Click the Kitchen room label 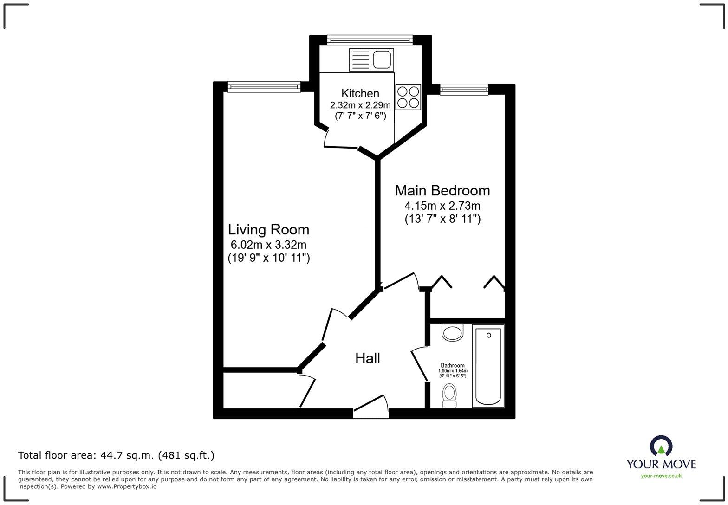click(x=360, y=93)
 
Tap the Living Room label click(x=268, y=229)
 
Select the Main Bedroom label click(x=442, y=190)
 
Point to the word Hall click(x=367, y=358)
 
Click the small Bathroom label click(x=452, y=365)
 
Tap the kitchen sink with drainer click(x=371, y=60)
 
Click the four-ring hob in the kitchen click(x=408, y=97)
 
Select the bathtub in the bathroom click(x=488, y=366)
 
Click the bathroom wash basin click(x=452, y=332)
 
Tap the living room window click(x=264, y=87)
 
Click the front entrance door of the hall click(x=371, y=404)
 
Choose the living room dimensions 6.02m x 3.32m click(x=268, y=245)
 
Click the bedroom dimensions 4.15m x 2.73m click(x=442, y=206)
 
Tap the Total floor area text click(x=116, y=455)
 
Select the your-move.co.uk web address click(x=661, y=475)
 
